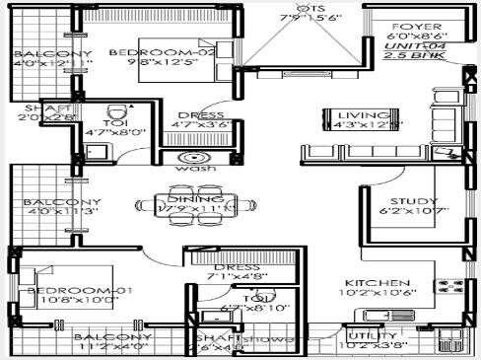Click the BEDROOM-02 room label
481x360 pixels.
click(148, 52)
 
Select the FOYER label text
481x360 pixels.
click(410, 27)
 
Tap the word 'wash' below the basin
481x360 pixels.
click(190, 169)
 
